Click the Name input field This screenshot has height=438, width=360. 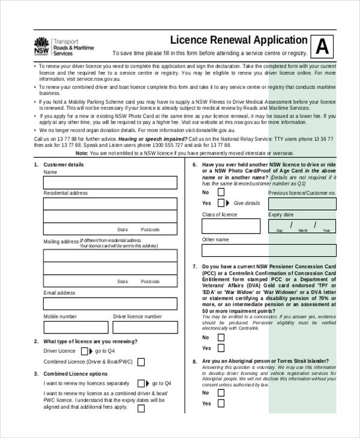tap(110, 182)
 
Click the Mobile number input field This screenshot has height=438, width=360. tap(75, 328)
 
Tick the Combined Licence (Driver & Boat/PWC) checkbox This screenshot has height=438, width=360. tap(141, 362)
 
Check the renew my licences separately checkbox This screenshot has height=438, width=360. tap(141, 383)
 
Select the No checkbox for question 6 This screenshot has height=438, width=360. tap(221, 192)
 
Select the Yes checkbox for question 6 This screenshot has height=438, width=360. tap(221, 203)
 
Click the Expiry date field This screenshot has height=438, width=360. tap(302, 226)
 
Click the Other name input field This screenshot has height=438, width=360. tap(268, 250)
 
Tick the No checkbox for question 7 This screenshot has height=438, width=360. tap(221, 337)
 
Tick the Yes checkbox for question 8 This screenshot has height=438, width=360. tap(221, 404)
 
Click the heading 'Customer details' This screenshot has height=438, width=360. tap(64, 164)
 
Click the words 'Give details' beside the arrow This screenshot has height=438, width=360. tap(247, 203)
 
